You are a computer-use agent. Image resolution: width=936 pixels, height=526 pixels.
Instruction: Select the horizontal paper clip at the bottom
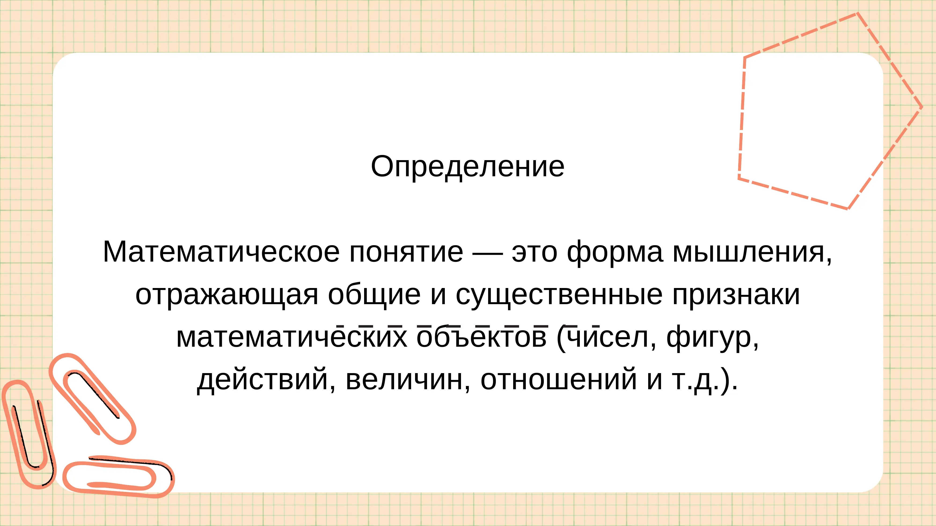tap(118, 478)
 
